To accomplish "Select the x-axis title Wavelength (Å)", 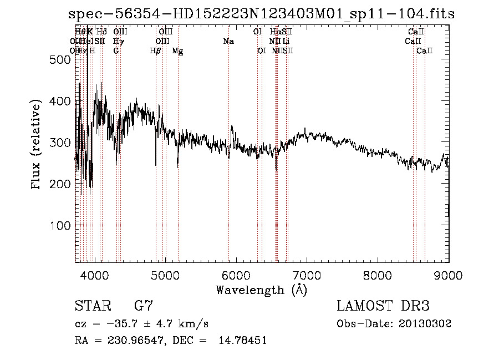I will pyautogui.click(x=261, y=290).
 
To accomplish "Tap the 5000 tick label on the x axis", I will pyautogui.click(x=166, y=274).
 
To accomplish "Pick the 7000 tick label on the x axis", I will pyautogui.click(x=307, y=274).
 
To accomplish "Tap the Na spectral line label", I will pyautogui.click(x=228, y=42).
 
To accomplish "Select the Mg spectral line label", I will pyautogui.click(x=177, y=51).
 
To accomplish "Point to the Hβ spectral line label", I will pyautogui.click(x=155, y=51).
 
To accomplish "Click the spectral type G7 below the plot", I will pyautogui.click(x=143, y=306).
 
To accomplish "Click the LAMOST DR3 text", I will pyautogui.click(x=383, y=306).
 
